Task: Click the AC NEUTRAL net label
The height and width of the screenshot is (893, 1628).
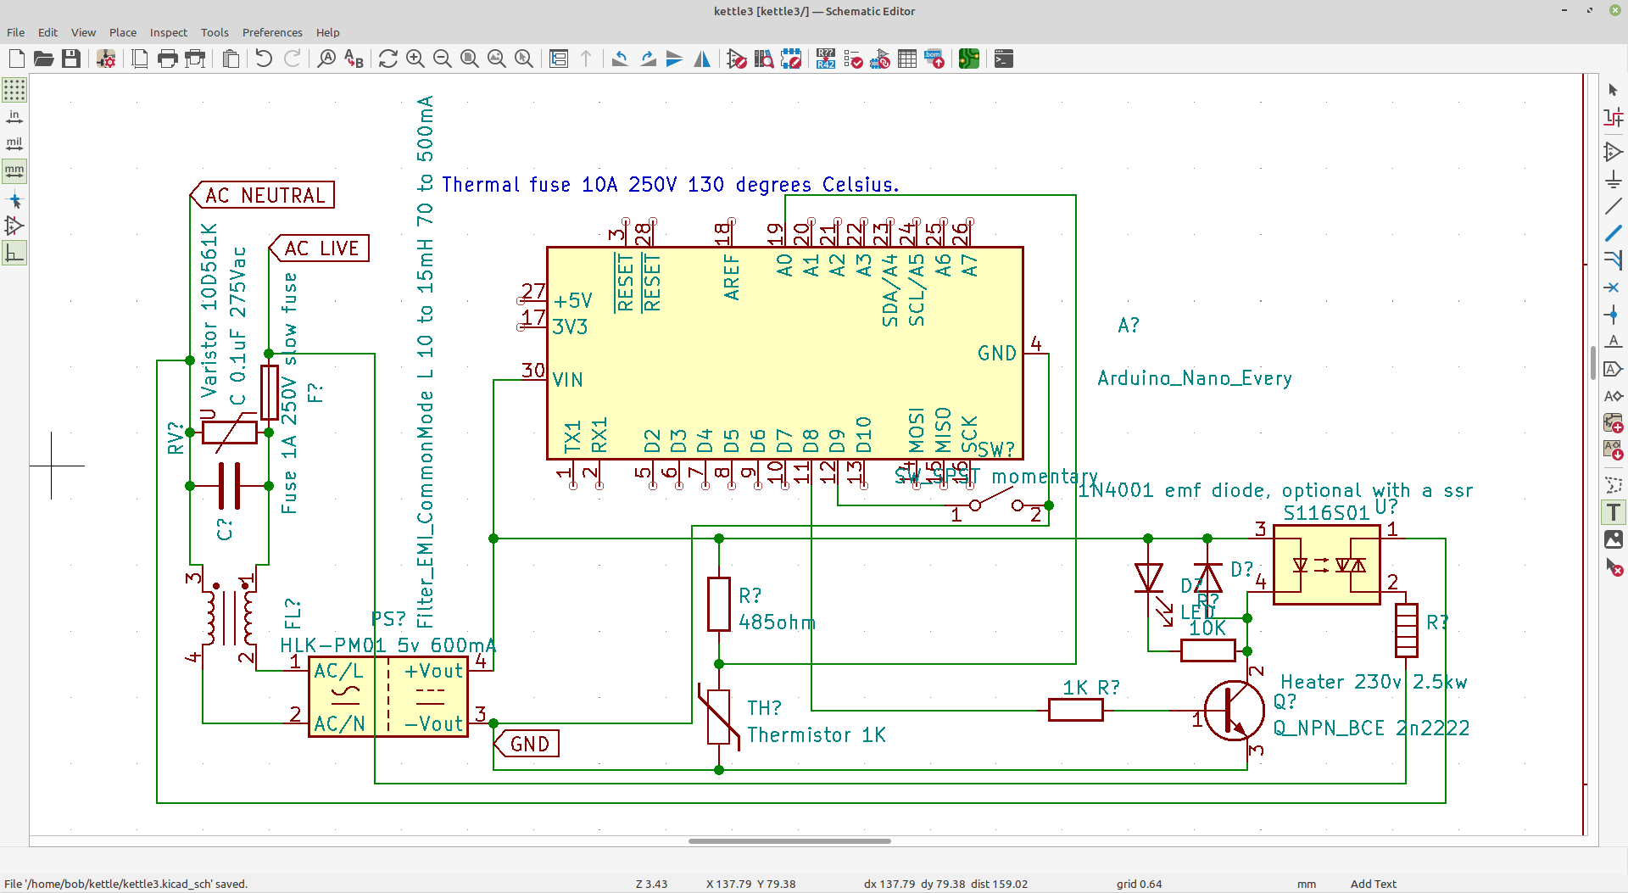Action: pyautogui.click(x=264, y=195)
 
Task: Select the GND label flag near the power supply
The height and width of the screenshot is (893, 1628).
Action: pyautogui.click(x=528, y=744)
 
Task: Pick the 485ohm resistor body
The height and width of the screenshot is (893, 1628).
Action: pyautogui.click(x=718, y=604)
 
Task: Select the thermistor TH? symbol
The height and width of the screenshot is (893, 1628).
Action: pyautogui.click(x=718, y=717)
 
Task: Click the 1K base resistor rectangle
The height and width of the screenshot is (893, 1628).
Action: pyautogui.click(x=1075, y=711)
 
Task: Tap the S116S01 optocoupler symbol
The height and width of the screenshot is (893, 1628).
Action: pyautogui.click(x=1326, y=565)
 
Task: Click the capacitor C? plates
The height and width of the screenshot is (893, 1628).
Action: pyautogui.click(x=229, y=486)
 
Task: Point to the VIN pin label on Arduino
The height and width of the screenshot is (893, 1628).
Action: pyautogui.click(x=567, y=380)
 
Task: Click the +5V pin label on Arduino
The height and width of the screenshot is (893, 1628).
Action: pyautogui.click(x=572, y=301)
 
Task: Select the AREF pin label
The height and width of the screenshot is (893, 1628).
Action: pyautogui.click(x=732, y=277)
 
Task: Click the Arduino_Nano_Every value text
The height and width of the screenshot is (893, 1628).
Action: pyautogui.click(x=1194, y=378)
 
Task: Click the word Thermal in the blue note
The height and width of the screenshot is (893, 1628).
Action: pyautogui.click(x=481, y=185)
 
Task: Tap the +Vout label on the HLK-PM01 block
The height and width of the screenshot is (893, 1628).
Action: pyautogui.click(x=433, y=671)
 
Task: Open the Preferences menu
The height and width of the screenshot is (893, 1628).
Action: pyautogui.click(x=271, y=32)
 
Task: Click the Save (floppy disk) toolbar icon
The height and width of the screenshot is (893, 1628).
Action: pyautogui.click(x=71, y=59)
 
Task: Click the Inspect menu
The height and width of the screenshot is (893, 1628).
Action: pyautogui.click(x=168, y=32)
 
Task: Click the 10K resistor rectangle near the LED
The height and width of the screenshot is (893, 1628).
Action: pyautogui.click(x=1207, y=650)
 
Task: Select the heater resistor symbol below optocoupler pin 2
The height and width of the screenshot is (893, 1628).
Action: pyautogui.click(x=1406, y=630)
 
